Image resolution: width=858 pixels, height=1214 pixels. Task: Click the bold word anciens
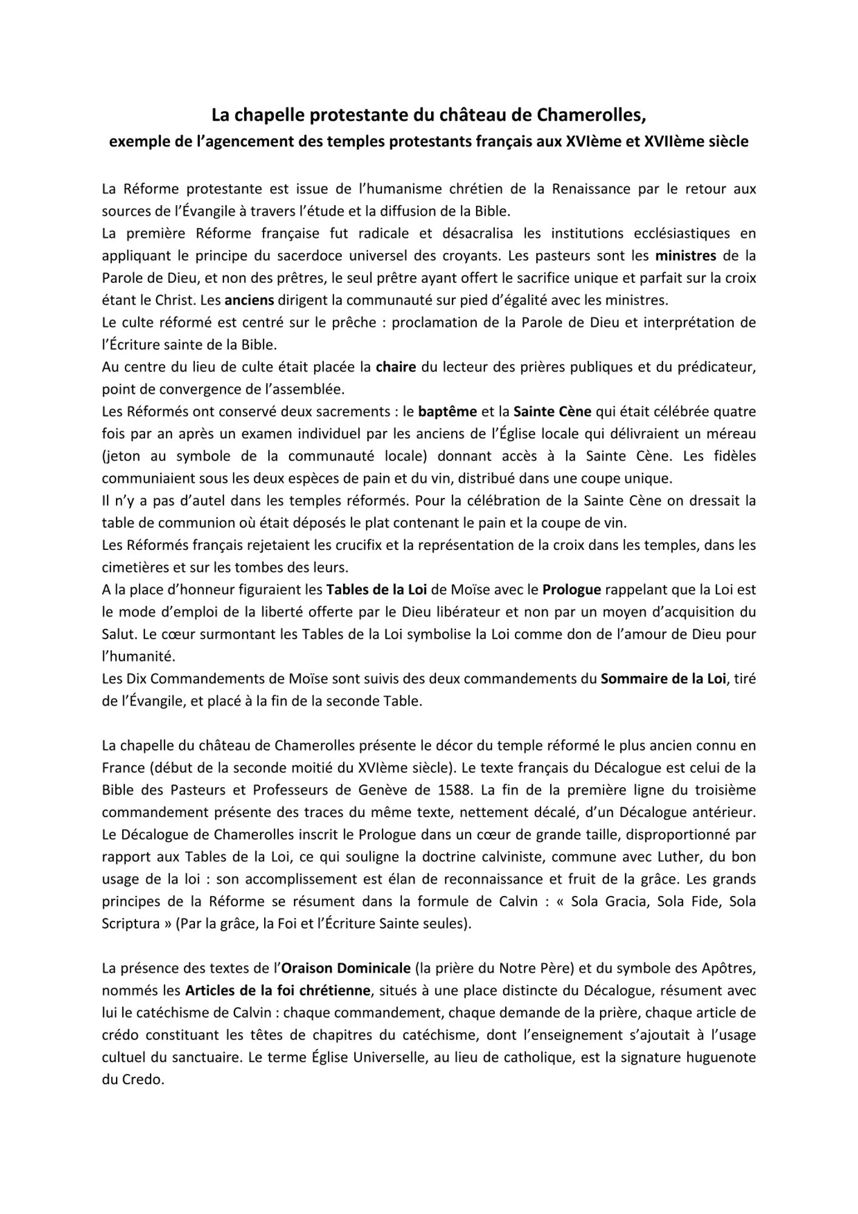click(x=250, y=300)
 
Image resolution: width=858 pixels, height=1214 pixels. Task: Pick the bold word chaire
click(x=396, y=367)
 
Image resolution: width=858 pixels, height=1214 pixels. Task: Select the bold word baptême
click(x=448, y=412)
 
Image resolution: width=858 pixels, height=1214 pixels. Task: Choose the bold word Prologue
click(x=571, y=589)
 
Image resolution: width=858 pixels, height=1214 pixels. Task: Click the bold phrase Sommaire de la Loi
click(x=663, y=679)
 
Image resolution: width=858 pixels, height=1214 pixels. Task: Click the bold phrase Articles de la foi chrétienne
click(x=277, y=991)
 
